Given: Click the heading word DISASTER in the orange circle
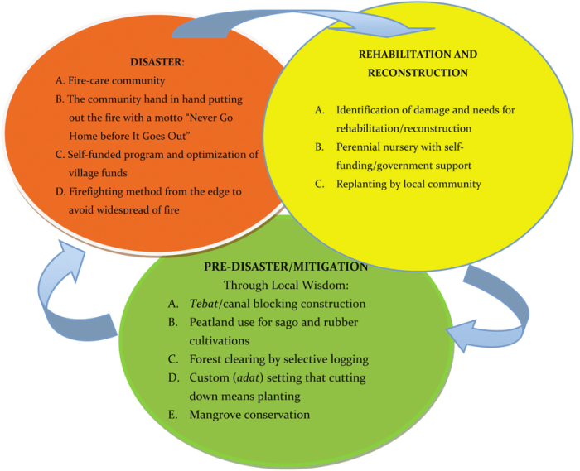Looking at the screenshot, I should pyautogui.click(x=155, y=62).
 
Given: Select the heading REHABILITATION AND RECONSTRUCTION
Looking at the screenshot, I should pyautogui.click(x=418, y=63).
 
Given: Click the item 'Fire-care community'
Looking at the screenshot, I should pyautogui.click(x=115, y=81).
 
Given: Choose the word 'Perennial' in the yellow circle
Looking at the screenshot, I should pyautogui.click(x=359, y=147).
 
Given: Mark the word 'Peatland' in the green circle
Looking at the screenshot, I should pyautogui.click(x=212, y=322).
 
